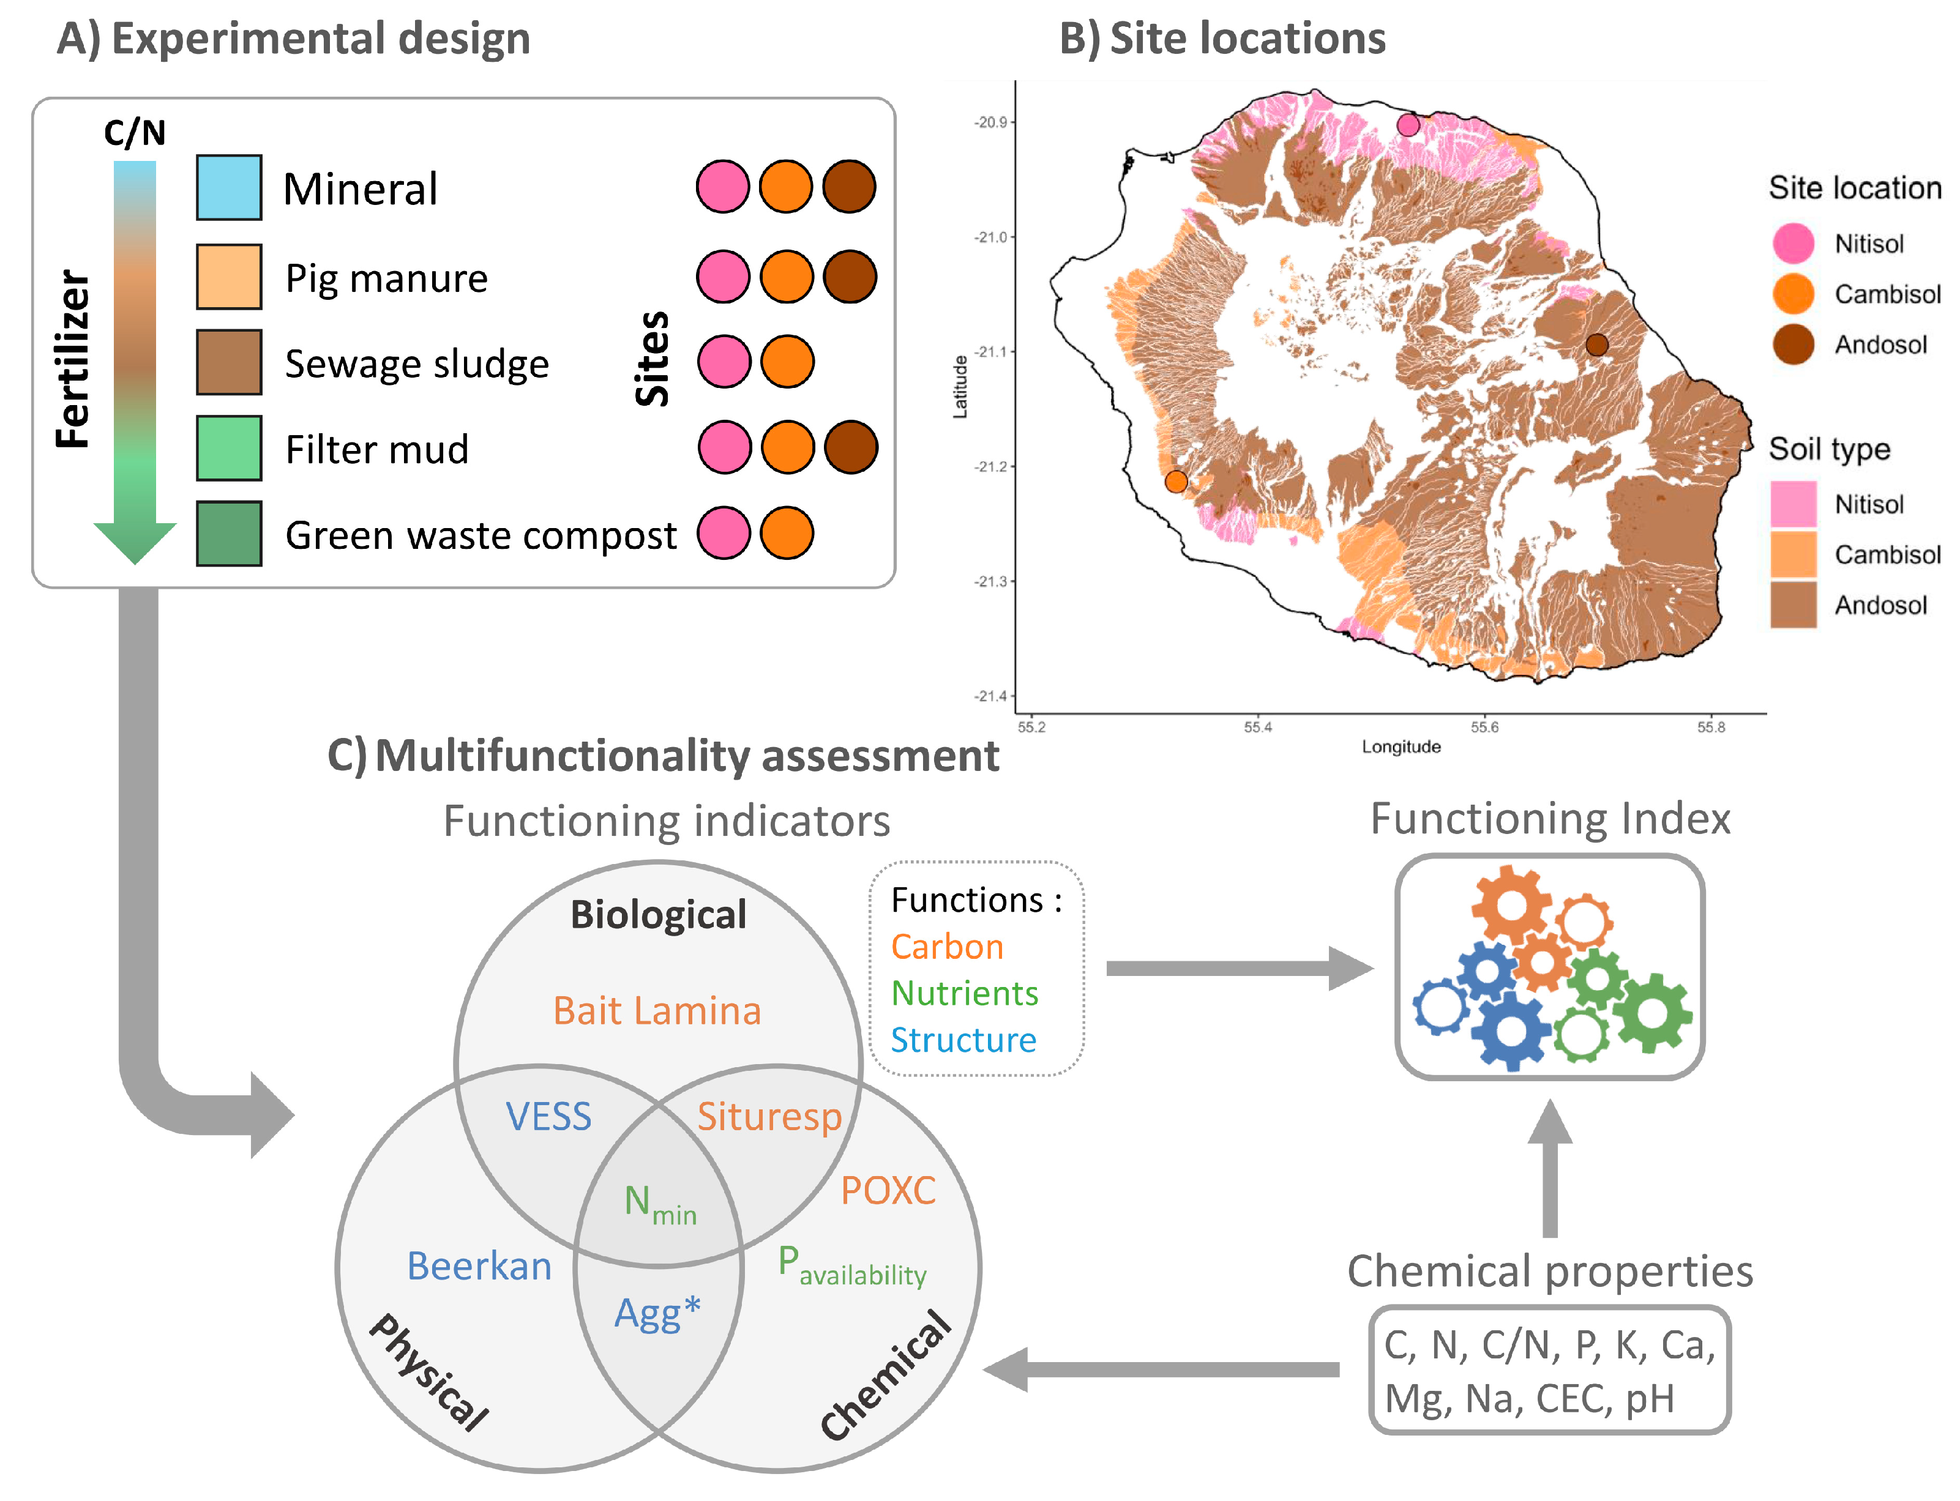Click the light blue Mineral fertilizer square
[x=229, y=188]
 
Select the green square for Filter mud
[x=229, y=448]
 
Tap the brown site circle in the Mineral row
[x=848, y=187]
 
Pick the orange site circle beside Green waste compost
[x=787, y=534]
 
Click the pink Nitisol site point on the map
[x=1408, y=125]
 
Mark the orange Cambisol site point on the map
[x=1176, y=482]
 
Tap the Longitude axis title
[x=1401, y=747]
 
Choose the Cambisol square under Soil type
[x=1793, y=554]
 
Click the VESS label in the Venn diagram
[x=549, y=1117]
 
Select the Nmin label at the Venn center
[x=660, y=1204]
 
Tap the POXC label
[x=888, y=1191]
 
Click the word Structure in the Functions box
[x=963, y=1040]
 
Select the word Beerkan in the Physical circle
[x=479, y=1267]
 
